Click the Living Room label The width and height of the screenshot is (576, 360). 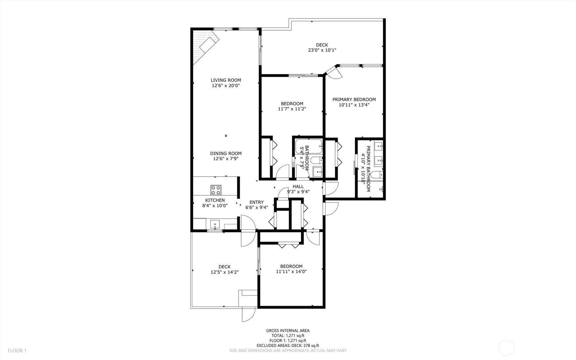[x=226, y=80]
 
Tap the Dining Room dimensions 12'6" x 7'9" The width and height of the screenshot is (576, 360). [x=226, y=159]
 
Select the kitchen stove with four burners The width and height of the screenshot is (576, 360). [x=216, y=190]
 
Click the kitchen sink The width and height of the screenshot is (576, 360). [x=216, y=225]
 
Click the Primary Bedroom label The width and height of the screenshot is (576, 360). [x=354, y=100]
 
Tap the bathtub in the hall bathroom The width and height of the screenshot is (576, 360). [x=308, y=146]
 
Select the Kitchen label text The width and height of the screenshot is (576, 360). [x=215, y=200]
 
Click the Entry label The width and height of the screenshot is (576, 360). [x=257, y=202]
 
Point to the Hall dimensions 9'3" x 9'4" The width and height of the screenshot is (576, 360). [x=298, y=192]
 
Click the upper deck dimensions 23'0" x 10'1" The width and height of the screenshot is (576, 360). [x=322, y=50]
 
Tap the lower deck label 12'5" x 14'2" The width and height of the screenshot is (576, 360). [x=224, y=272]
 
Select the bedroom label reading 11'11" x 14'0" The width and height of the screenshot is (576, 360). [x=291, y=272]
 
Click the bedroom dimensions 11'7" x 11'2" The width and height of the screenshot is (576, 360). [x=292, y=109]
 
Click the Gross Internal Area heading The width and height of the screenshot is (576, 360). [x=288, y=331]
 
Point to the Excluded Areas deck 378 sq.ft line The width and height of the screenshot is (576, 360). [x=288, y=346]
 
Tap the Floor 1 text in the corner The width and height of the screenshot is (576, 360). [x=17, y=350]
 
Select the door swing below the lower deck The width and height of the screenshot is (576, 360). [x=249, y=314]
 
